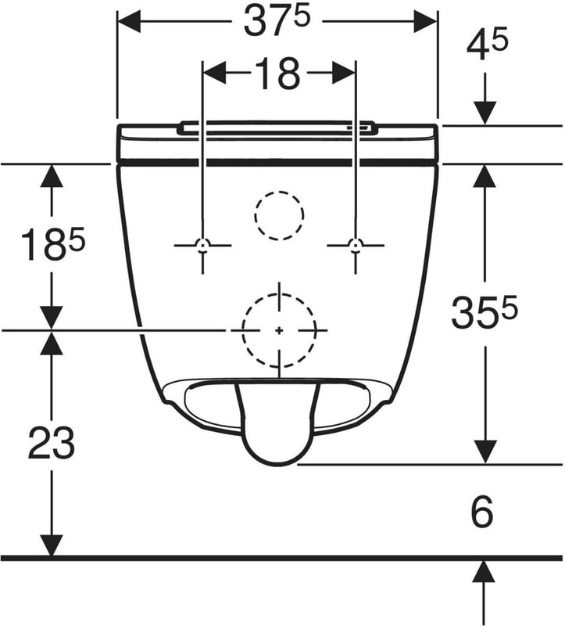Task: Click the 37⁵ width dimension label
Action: click(277, 21)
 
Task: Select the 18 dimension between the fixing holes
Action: click(279, 74)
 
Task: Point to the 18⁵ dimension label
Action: click(53, 243)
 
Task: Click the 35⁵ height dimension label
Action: click(484, 311)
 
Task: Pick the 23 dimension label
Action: click(52, 443)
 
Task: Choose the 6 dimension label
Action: click(482, 512)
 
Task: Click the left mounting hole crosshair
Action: click(203, 245)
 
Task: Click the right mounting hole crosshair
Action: click(356, 245)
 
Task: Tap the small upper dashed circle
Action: click(279, 192)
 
